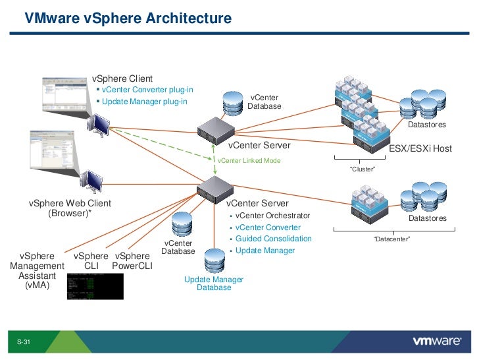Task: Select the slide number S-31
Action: point(24,342)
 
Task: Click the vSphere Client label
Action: point(122,79)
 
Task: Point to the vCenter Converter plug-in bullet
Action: point(147,90)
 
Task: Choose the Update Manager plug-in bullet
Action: point(145,102)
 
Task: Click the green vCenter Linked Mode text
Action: point(249,160)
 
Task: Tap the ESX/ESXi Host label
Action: point(420,148)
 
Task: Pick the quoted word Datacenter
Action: point(391,239)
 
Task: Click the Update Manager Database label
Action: point(214,284)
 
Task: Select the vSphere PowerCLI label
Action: point(132,261)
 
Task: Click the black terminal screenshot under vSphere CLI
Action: point(95,285)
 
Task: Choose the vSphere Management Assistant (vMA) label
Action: point(37,270)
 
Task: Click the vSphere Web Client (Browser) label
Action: point(70,208)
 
